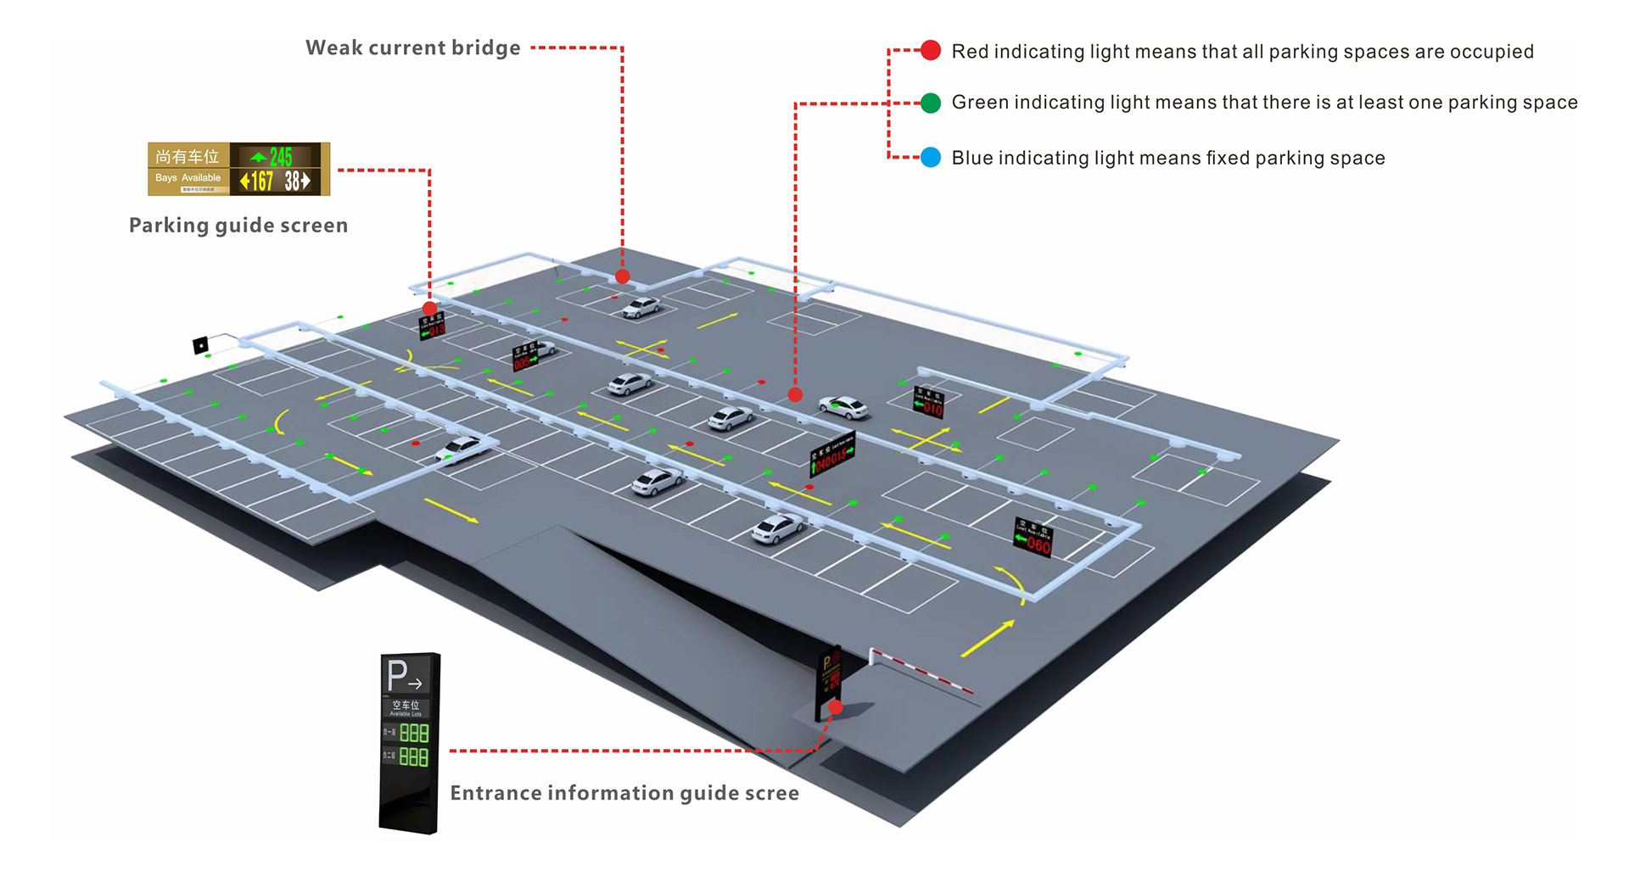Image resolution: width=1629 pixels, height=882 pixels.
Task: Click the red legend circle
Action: point(931,51)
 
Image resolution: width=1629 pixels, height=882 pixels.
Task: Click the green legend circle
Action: point(931,103)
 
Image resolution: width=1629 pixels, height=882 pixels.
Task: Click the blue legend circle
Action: point(931,158)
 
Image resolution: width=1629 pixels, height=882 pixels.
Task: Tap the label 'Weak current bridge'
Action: point(412,48)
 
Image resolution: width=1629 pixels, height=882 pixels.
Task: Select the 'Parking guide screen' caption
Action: point(238,226)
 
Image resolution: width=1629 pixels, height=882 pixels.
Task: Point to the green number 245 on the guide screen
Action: point(280,157)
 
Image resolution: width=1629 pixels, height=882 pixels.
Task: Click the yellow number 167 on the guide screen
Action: point(261,181)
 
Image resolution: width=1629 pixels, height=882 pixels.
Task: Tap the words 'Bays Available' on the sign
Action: point(188,178)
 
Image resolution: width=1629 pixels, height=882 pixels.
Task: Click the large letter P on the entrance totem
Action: point(397,676)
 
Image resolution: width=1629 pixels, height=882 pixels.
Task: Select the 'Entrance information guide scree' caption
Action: point(624,793)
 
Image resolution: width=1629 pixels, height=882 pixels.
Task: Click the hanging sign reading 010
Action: point(928,402)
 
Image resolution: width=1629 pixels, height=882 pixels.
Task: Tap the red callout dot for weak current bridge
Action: point(623,276)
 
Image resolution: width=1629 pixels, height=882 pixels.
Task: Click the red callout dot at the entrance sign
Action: point(836,707)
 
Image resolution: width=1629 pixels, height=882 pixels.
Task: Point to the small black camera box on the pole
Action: point(201,345)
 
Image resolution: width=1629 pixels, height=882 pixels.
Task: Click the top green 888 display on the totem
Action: point(414,733)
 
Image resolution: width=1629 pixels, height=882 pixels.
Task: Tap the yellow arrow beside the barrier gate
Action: point(987,639)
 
